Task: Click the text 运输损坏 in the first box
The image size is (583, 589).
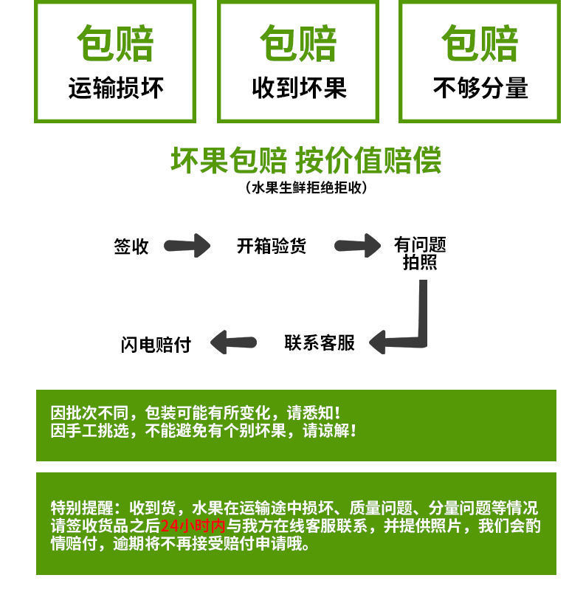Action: tap(115, 89)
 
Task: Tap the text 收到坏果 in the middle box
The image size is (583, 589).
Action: tap(299, 89)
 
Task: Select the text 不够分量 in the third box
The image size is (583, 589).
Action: tap(480, 89)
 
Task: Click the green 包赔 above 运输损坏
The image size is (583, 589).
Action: tap(115, 44)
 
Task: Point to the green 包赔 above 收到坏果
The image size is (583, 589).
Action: tap(299, 44)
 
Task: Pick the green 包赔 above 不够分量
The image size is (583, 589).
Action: tap(480, 44)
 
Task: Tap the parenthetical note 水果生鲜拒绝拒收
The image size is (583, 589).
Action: tap(306, 187)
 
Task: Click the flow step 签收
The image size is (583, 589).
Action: tap(131, 247)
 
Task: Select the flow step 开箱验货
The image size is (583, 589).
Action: tap(271, 247)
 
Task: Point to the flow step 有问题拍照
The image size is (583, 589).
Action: tap(420, 253)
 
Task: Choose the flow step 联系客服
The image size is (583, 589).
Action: tap(320, 342)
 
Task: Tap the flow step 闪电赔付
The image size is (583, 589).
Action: tap(156, 344)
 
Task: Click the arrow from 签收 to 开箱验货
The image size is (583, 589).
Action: tap(187, 246)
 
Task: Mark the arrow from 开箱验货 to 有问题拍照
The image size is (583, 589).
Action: tap(358, 246)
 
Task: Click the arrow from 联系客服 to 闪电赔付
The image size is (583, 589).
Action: tap(233, 342)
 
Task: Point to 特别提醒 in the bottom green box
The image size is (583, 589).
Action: tap(81, 508)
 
